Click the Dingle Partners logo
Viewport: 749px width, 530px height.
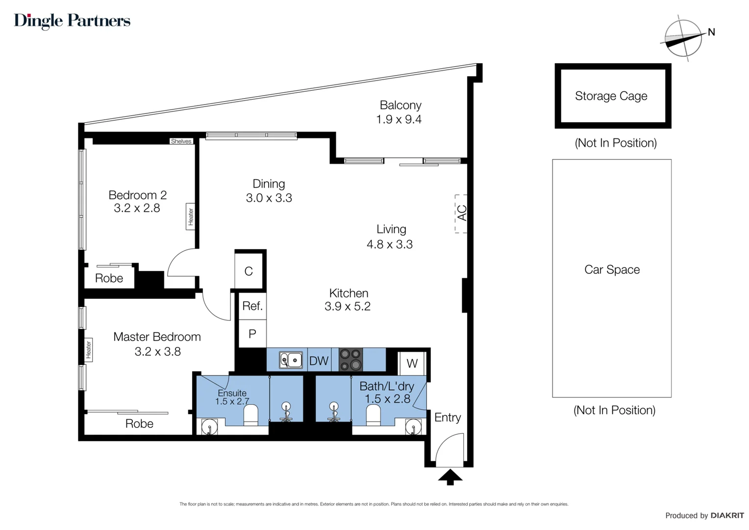point(72,21)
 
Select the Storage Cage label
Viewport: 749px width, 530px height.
point(611,96)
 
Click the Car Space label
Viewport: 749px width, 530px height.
point(612,269)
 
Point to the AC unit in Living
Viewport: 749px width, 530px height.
point(461,213)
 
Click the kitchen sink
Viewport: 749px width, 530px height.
point(291,360)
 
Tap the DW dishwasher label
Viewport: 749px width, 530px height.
point(319,361)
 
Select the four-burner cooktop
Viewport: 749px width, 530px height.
point(350,360)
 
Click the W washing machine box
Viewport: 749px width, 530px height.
point(412,364)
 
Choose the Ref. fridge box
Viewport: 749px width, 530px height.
point(252,306)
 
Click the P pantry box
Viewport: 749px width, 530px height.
point(252,334)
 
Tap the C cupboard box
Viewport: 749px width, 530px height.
point(249,271)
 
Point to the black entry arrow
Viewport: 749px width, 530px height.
point(450,477)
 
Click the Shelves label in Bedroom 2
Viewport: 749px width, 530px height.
point(181,141)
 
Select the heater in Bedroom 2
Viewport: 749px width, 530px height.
point(191,216)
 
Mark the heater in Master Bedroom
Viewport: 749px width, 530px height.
point(89,349)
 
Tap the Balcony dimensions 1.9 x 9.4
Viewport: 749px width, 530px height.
point(399,119)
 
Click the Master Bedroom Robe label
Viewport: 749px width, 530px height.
point(139,424)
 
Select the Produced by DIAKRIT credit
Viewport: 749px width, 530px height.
point(704,515)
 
